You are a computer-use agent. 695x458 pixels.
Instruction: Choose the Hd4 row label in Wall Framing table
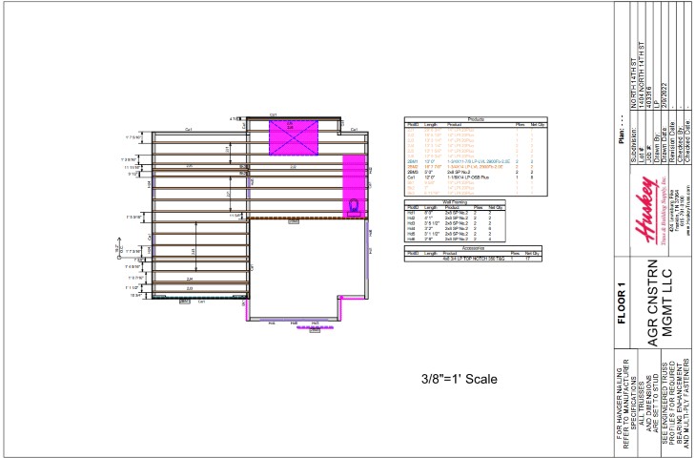pyautogui.click(x=413, y=227)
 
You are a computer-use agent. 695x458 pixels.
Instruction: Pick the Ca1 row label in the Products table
pyautogui.click(x=412, y=177)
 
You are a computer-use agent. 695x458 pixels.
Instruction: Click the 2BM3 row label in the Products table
pyautogui.click(x=413, y=172)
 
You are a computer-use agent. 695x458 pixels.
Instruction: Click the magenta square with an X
pyautogui.click(x=296, y=135)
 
